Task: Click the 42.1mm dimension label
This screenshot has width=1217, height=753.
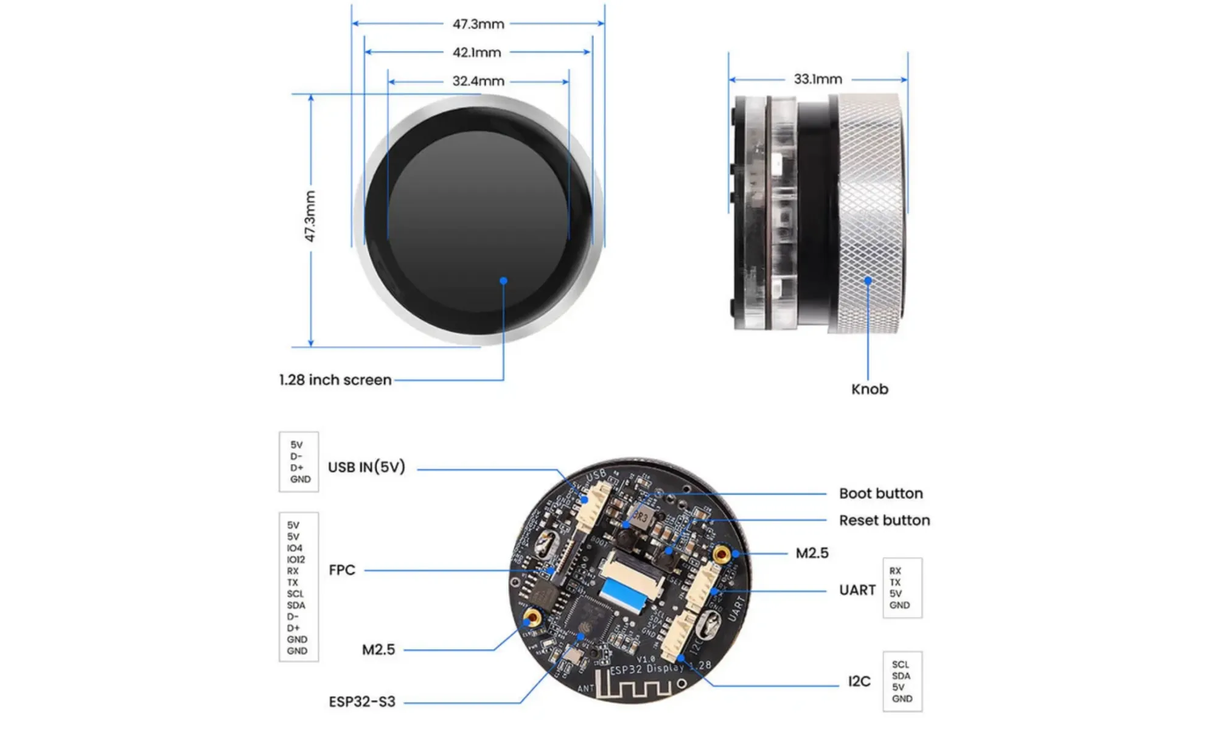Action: click(x=476, y=52)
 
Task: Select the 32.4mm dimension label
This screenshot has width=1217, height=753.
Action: click(x=478, y=81)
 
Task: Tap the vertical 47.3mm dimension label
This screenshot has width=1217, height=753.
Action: click(x=310, y=216)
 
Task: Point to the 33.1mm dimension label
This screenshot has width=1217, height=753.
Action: click(x=818, y=79)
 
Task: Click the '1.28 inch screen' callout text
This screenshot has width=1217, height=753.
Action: click(x=335, y=380)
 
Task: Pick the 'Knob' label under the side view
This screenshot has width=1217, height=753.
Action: click(x=870, y=389)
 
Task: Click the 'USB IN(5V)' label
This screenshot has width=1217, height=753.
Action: click(x=366, y=467)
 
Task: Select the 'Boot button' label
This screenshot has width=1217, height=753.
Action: click(x=880, y=493)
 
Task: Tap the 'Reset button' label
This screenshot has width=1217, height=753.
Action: click(x=884, y=520)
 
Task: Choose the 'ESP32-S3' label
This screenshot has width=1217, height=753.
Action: click(x=362, y=702)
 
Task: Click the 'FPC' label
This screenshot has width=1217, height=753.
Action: click(x=342, y=570)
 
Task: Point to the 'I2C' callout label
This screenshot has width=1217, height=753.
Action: click(x=859, y=681)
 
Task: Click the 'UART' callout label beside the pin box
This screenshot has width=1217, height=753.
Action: click(x=857, y=590)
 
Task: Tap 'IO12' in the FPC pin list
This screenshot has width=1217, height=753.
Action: click(x=296, y=560)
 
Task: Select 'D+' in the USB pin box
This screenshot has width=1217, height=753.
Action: click(x=296, y=468)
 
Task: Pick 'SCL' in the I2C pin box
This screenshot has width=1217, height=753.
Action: click(x=900, y=665)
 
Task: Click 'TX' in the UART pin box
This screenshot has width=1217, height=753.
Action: click(x=895, y=582)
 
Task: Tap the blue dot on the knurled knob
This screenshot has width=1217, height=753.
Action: click(x=868, y=280)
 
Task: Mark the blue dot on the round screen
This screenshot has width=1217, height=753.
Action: click(x=503, y=280)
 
